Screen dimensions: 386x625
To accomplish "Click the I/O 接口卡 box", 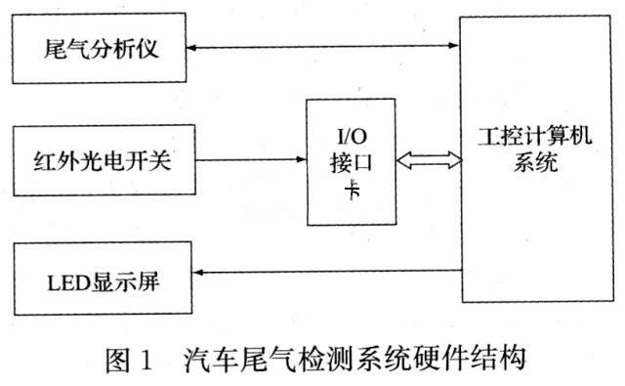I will [x=351, y=161].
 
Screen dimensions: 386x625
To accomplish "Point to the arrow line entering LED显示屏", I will [x=322, y=271].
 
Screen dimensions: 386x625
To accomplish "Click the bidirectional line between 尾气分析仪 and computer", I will [x=322, y=45].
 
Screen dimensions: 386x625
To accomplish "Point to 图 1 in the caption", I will [x=129, y=362].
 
